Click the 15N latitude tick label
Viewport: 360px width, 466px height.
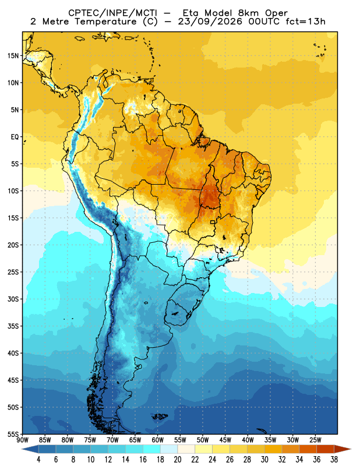point(13,56)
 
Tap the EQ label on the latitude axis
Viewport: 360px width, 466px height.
point(15,137)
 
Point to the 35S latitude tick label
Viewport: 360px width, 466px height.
point(13,326)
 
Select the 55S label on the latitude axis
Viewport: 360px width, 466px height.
point(13,435)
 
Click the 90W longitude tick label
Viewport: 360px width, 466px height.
point(23,440)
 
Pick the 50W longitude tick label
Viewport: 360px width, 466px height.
point(203,440)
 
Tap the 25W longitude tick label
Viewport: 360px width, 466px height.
point(315,440)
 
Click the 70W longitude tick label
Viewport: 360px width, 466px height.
point(112,440)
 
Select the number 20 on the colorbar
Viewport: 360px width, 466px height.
point(178,460)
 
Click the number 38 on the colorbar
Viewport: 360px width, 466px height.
point(334,460)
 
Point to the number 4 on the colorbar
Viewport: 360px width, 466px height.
point(38,460)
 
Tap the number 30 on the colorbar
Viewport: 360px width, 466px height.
point(264,460)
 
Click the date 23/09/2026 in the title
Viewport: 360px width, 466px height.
point(210,22)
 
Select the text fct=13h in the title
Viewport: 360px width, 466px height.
point(305,22)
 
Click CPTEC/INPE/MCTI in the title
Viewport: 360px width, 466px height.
point(113,13)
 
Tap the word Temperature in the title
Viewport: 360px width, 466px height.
point(105,22)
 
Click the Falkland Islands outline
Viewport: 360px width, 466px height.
point(160,416)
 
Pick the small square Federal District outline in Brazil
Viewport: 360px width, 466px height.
point(213,222)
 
